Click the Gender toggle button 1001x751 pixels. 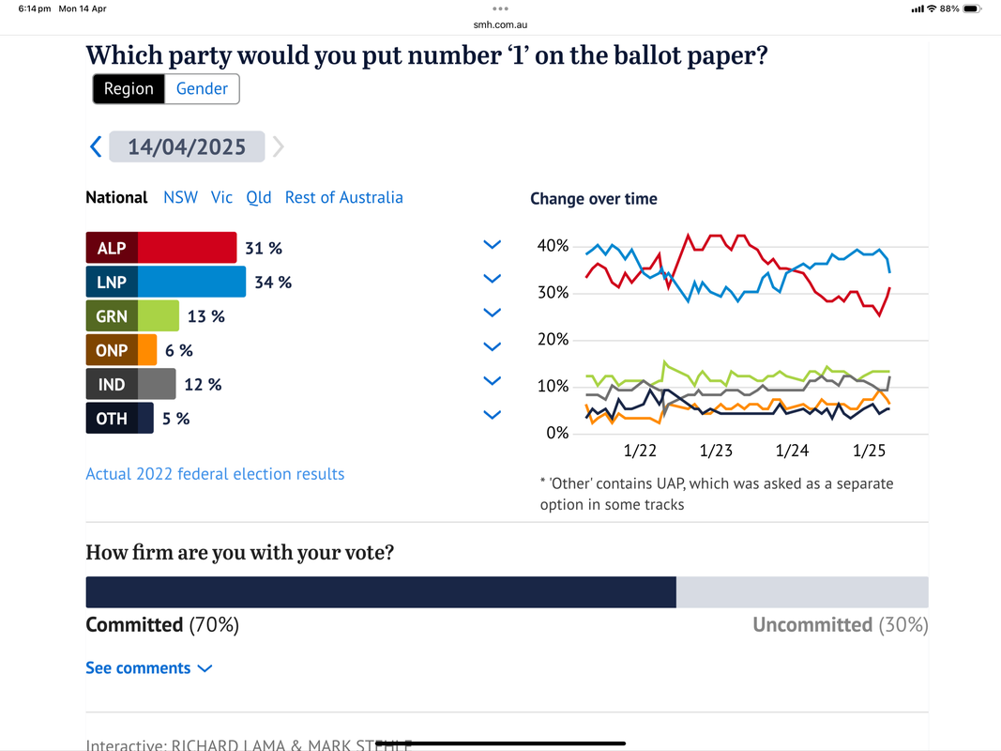tap(202, 89)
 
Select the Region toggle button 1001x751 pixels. tap(129, 89)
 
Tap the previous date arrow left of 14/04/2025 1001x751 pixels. tap(96, 146)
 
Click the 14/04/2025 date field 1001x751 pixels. tap(187, 146)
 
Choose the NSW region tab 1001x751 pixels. tap(180, 197)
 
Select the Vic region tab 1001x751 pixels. tap(221, 197)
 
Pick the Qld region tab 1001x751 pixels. tap(259, 197)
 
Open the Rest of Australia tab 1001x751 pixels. tap(343, 197)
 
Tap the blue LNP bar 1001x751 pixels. tap(192, 282)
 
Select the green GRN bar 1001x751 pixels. tap(159, 316)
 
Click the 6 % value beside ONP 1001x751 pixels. tap(179, 350)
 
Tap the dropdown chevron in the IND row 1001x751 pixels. tap(492, 381)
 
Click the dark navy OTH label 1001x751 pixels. tap(112, 419)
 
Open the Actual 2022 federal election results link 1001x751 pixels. tap(215, 474)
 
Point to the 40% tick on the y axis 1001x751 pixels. tap(552, 246)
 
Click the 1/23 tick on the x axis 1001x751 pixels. tap(716, 452)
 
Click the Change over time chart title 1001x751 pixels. tap(593, 199)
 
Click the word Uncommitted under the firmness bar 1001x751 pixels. tap(812, 625)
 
